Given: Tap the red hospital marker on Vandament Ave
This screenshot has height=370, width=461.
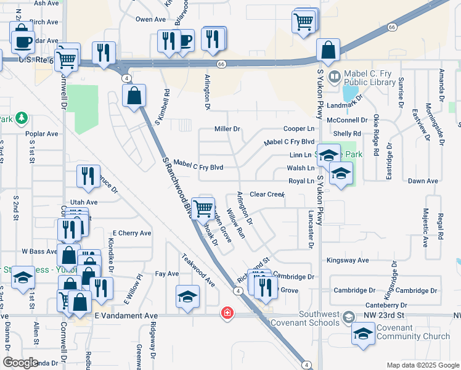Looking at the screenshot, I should (227, 314).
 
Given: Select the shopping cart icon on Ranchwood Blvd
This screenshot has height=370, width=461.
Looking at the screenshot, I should (203, 208).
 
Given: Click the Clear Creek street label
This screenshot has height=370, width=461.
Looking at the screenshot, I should (267, 194).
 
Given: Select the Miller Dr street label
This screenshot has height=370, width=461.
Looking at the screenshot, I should (226, 129).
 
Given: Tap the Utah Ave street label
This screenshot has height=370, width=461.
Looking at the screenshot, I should (84, 202).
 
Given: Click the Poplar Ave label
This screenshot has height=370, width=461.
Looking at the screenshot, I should (41, 133).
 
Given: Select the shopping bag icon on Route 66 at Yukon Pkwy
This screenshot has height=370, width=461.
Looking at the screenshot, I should (328, 51).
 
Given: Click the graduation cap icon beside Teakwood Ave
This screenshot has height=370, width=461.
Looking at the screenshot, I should (187, 297).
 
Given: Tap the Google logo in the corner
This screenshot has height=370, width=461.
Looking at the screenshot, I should (20, 363).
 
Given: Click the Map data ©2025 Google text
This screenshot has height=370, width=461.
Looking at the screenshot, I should (423, 365).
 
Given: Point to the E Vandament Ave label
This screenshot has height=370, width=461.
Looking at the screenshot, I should (126, 316).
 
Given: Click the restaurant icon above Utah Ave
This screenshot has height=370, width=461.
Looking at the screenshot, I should (88, 176).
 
